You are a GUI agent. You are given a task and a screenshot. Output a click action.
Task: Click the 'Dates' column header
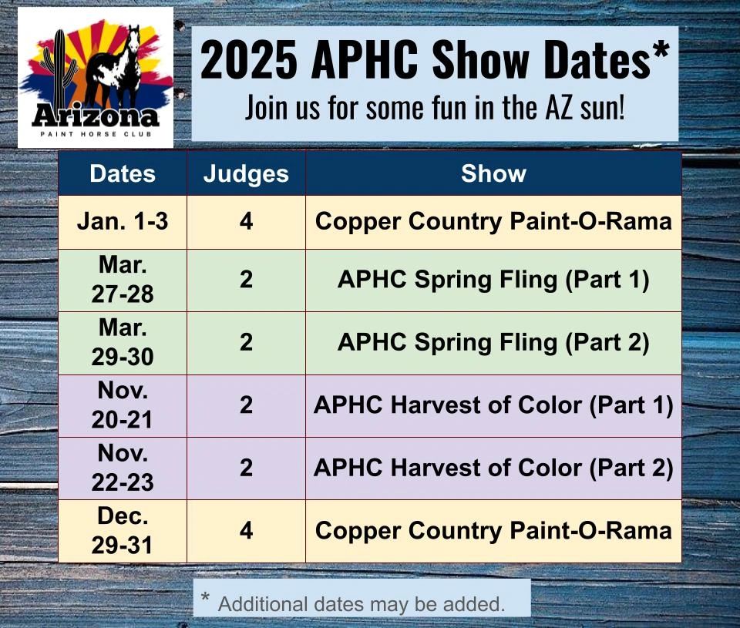123,173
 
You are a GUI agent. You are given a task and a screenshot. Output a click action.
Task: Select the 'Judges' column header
246,173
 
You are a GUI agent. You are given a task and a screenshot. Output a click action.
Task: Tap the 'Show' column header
493,173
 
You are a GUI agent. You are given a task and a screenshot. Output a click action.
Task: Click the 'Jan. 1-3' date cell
123,222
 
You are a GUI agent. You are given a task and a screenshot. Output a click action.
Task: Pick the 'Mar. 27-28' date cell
123,280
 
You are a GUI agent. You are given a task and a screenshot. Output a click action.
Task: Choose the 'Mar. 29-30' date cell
123,342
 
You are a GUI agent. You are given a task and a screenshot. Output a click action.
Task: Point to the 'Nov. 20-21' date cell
123,405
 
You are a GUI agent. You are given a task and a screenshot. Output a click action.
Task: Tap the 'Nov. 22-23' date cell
123,468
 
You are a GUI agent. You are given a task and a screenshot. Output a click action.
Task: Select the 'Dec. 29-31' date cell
123,530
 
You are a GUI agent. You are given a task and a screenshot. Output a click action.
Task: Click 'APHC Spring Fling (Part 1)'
493,280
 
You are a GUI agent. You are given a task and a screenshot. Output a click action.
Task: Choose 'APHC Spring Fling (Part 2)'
493,342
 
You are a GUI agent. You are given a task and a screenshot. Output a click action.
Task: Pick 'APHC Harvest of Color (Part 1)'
493,405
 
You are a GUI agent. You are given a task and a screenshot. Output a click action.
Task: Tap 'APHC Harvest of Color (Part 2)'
493,468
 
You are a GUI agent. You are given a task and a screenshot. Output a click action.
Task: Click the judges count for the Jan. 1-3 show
246,222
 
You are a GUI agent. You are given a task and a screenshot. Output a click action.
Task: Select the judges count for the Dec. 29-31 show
246,530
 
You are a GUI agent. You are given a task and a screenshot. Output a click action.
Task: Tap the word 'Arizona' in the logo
96,116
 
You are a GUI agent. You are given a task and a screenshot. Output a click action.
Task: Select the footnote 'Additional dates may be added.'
362,603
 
